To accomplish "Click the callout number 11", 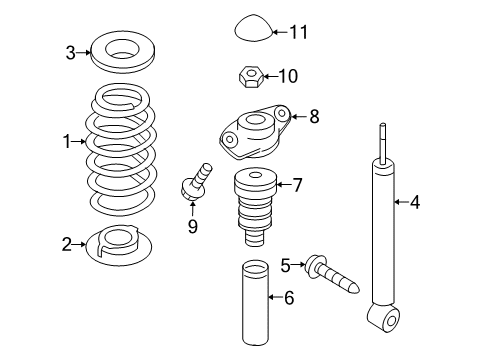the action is tap(298, 32).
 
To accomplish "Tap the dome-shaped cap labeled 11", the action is tap(254, 28).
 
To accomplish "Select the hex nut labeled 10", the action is tap(251, 77).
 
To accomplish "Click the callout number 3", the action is tap(70, 53).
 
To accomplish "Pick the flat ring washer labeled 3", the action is tap(123, 52).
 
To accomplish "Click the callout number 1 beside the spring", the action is tap(67, 142).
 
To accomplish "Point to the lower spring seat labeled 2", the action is tap(119, 245).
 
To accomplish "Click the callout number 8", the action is tap(314, 117).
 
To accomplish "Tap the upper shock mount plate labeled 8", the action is tap(255, 132).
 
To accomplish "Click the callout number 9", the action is tap(193, 226).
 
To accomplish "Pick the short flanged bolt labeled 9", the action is tap(195, 183).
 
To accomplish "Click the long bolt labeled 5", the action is tap(332, 274).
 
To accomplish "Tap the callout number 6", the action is tap(289, 297).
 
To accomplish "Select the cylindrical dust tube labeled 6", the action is tap(255, 303).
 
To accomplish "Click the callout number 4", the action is tap(415, 202).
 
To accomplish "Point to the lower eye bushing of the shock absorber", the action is tap(384, 316).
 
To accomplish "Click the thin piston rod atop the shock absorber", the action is tap(383, 143).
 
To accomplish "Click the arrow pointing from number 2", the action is tap(79, 245).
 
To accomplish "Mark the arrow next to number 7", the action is tap(283, 184).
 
